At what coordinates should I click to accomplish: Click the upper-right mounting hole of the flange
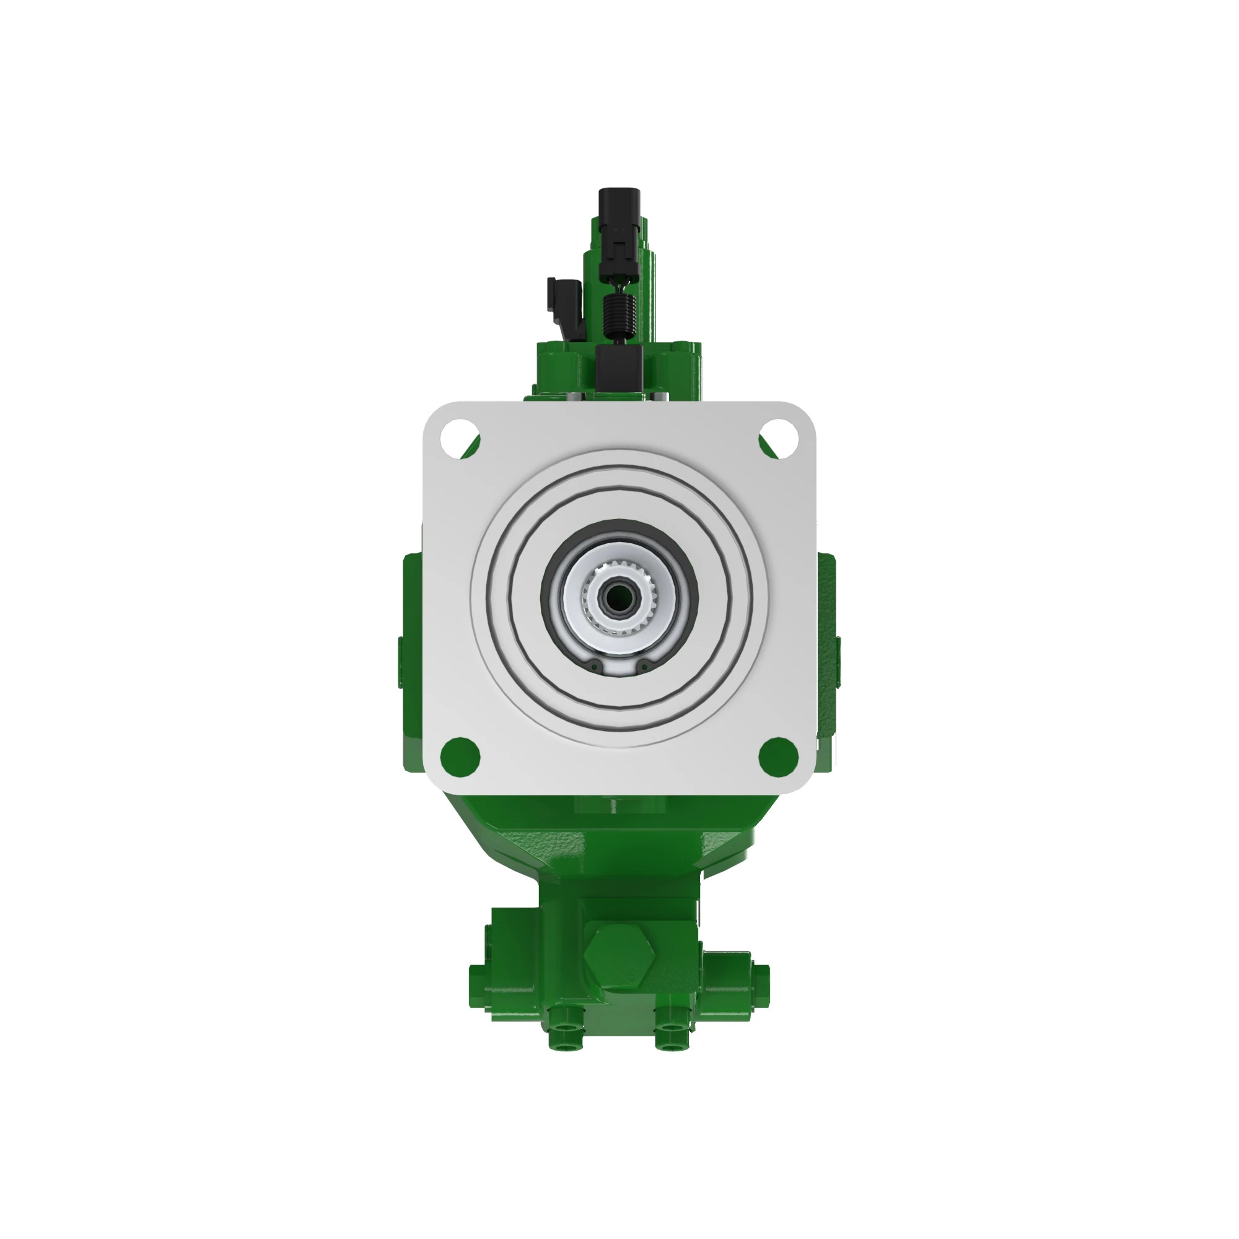[780, 434]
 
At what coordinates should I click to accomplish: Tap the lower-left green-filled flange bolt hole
[460, 755]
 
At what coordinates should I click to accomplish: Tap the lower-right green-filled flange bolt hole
[778, 755]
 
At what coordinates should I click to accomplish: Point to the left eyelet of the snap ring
[595, 668]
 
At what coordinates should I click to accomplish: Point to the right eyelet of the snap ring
[643, 668]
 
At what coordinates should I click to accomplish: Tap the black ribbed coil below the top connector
[619, 316]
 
